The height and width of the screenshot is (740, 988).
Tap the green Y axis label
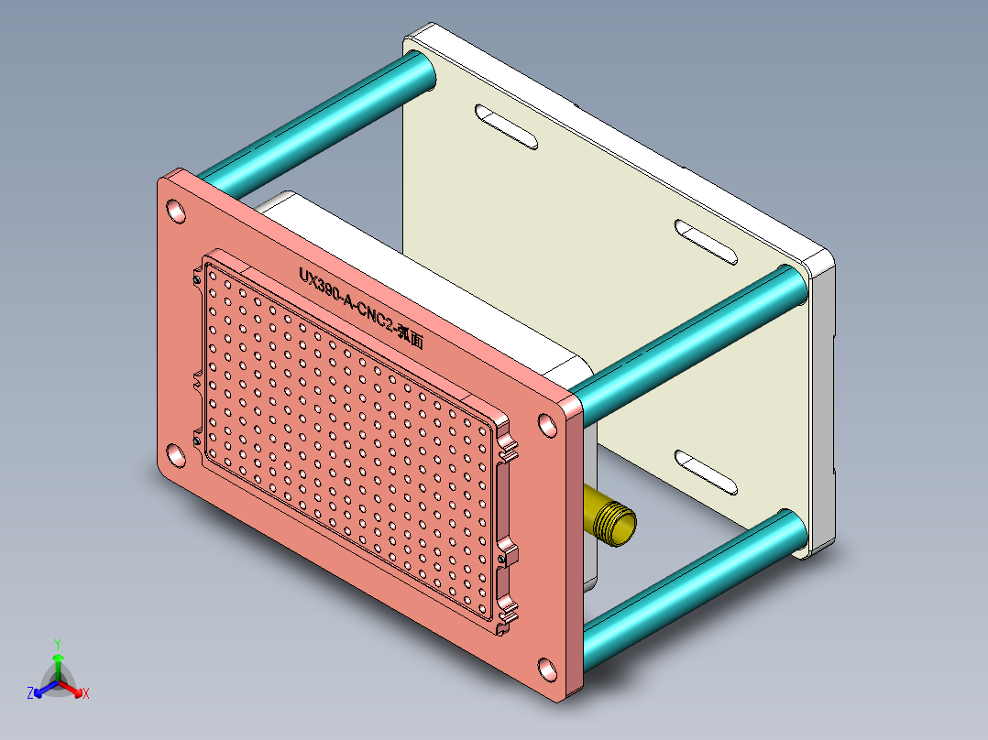[57, 643]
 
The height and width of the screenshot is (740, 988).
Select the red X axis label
[86, 694]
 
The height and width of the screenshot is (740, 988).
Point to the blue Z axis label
[29, 694]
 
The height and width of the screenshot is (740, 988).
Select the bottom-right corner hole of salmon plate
[546, 669]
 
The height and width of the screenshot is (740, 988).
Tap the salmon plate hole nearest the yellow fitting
[548, 426]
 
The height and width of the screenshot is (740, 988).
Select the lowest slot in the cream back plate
[707, 472]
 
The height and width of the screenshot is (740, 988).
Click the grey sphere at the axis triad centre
[57, 682]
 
